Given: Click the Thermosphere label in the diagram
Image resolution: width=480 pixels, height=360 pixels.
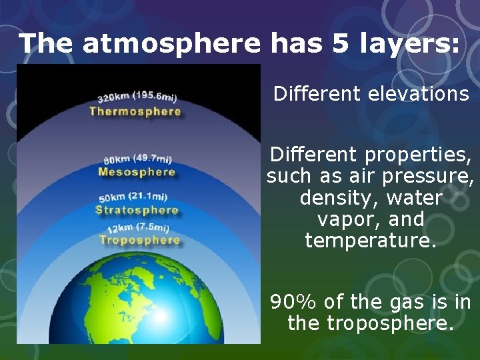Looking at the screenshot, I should [x=135, y=111].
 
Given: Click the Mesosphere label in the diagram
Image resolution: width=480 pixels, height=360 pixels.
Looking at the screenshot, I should [x=137, y=172].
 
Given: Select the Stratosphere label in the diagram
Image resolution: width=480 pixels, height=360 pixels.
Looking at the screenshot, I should [x=137, y=210].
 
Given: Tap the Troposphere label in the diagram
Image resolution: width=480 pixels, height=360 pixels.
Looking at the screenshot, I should [x=139, y=240].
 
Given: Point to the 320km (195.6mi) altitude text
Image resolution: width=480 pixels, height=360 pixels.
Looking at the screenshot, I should [x=137, y=97].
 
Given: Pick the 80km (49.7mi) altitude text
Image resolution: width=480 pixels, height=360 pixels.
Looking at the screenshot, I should [x=137, y=159].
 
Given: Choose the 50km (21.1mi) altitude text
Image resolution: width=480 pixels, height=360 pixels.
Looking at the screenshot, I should [x=133, y=198].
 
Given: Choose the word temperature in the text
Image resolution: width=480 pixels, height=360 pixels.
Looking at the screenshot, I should [x=371, y=240].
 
